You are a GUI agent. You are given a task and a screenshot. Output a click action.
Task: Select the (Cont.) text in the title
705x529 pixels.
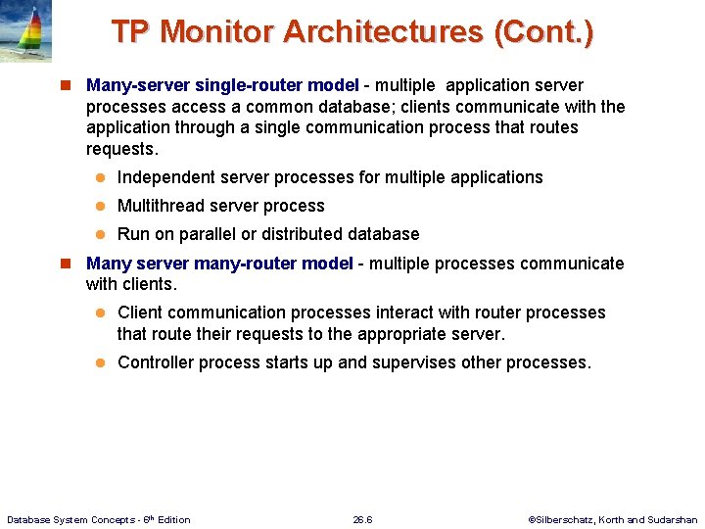[543, 31]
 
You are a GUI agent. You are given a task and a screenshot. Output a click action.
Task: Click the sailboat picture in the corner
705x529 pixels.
[25, 31]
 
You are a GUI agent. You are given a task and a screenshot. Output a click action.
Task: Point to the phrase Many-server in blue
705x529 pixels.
[137, 85]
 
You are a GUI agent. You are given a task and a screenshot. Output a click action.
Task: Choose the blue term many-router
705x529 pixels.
[249, 264]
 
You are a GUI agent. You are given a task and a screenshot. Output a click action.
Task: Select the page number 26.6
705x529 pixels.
[362, 519]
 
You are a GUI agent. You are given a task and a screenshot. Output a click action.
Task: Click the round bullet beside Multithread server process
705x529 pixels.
[100, 206]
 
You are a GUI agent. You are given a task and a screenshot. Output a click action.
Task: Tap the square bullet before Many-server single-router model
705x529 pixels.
[69, 86]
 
